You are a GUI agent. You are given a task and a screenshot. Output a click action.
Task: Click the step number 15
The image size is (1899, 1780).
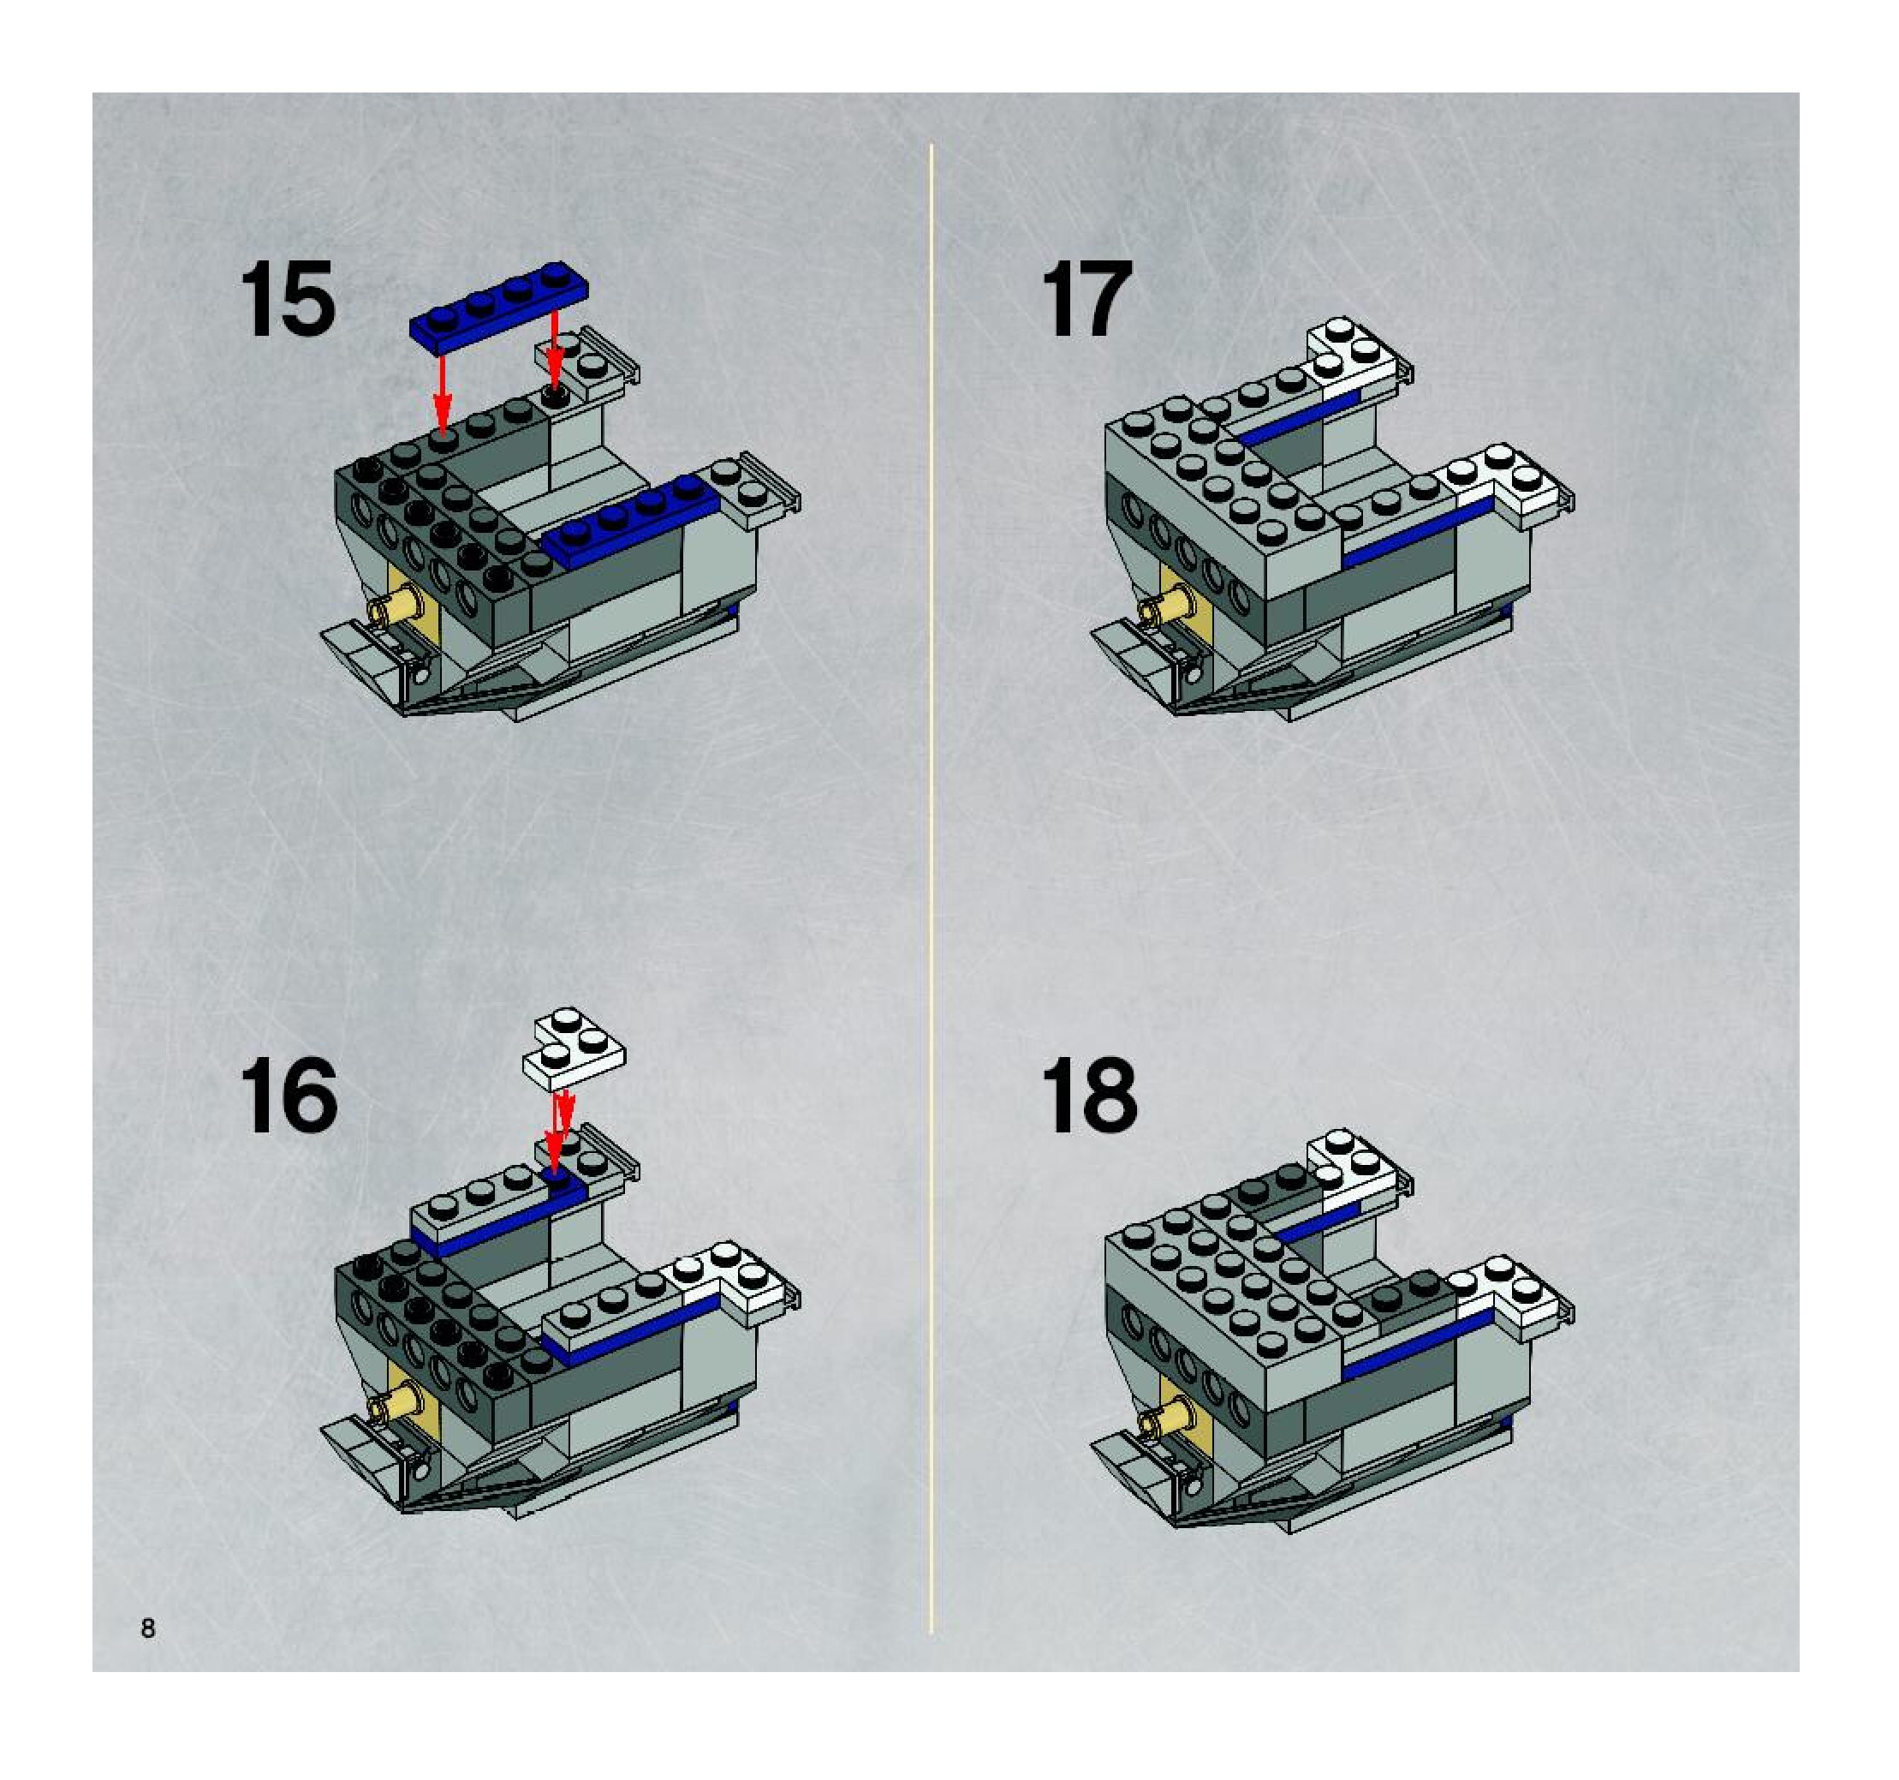pyautogui.click(x=288, y=299)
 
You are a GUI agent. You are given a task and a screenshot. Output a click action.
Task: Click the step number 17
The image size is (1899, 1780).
pyautogui.click(x=1086, y=299)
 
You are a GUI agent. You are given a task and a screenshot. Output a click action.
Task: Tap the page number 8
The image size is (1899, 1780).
pyautogui.click(x=148, y=1628)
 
